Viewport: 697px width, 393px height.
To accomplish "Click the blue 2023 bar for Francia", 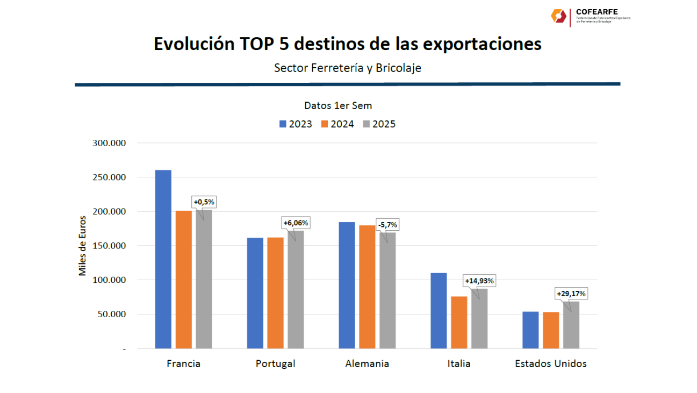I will (163, 259).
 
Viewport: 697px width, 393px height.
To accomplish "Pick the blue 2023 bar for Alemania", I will (347, 285).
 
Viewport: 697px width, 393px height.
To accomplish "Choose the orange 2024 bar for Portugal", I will (275, 293).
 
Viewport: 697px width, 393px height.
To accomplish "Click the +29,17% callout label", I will (571, 294).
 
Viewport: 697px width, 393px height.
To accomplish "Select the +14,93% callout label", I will (479, 281).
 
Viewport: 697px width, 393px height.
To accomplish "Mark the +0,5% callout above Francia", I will (204, 202).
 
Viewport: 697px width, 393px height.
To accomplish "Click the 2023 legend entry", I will (295, 124).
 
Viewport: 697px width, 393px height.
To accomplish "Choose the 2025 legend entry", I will (378, 124).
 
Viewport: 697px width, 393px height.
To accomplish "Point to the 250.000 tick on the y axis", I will (110, 177).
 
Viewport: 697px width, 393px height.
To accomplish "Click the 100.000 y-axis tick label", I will (110, 280).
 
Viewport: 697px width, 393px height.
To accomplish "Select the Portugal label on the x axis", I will (275, 364).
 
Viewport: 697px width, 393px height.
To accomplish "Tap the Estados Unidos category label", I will (551, 364).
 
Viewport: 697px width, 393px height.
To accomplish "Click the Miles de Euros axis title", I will (82, 246).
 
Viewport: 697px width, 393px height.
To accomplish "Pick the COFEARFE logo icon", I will (558, 16).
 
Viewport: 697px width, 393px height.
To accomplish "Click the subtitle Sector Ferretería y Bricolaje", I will (347, 68).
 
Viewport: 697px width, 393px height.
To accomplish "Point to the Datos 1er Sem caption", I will (338, 105).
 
